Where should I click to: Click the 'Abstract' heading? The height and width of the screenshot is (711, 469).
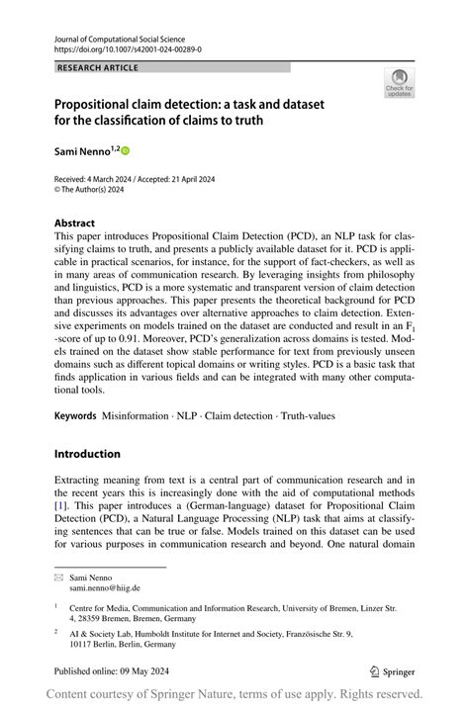tap(75, 223)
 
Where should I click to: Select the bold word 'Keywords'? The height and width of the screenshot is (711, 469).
tap(75, 419)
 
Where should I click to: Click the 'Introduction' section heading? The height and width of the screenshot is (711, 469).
tap(87, 454)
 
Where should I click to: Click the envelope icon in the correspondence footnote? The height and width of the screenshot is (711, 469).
tap(58, 577)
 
